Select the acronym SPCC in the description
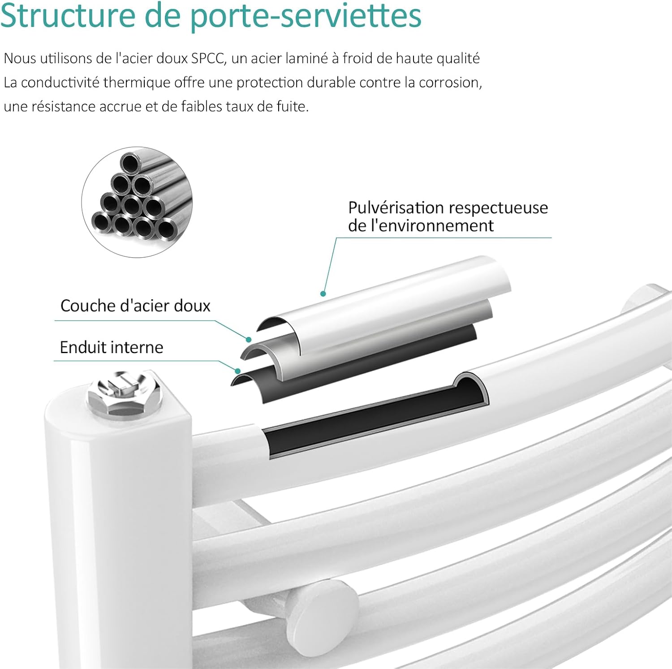tap(207, 59)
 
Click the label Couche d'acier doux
tap(135, 306)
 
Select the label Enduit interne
tap(112, 347)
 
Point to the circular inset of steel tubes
tap(137, 202)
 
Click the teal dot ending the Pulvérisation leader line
tap(323, 294)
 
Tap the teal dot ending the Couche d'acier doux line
tap(249, 340)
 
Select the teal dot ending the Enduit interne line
tap(237, 371)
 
